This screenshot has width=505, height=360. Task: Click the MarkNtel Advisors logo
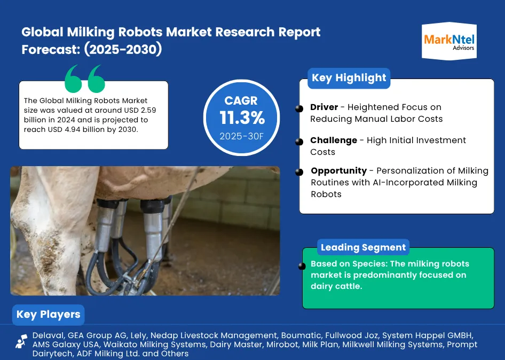(449, 41)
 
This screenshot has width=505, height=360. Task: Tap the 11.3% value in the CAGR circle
(242, 118)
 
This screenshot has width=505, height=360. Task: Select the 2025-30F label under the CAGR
(241, 136)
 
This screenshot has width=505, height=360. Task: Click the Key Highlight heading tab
(349, 78)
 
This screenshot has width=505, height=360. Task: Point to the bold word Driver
(324, 107)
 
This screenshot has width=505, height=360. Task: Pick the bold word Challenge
(334, 140)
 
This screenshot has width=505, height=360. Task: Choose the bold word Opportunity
(339, 170)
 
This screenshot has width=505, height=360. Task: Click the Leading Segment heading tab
(364, 247)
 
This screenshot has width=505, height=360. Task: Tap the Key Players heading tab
(48, 315)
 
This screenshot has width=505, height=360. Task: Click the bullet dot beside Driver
(299, 108)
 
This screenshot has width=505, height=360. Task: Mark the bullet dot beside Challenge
(299, 142)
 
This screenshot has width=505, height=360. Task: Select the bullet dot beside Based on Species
(302, 266)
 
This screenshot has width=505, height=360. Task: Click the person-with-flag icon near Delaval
(21, 341)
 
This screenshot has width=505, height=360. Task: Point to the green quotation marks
(85, 79)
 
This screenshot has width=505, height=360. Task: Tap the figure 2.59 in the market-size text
(148, 110)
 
